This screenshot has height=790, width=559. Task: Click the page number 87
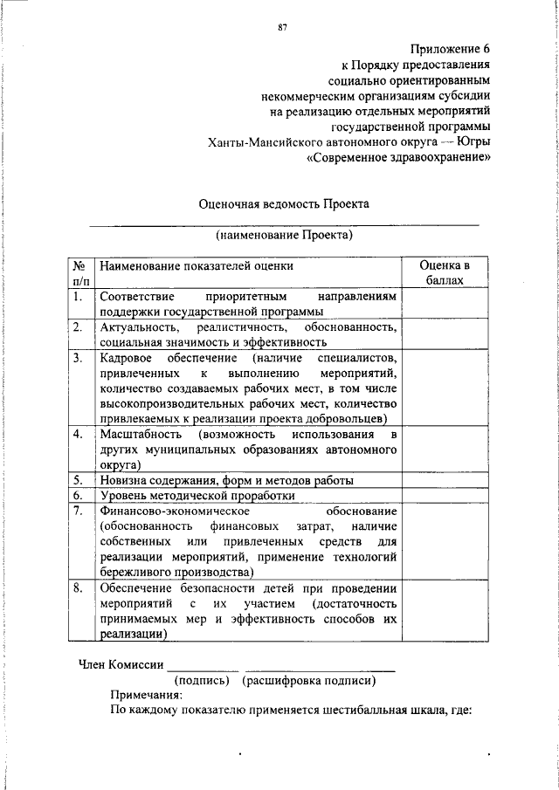[x=282, y=26]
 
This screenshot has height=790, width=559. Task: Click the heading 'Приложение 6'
[x=452, y=48]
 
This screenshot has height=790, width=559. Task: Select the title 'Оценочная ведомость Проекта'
[x=284, y=203]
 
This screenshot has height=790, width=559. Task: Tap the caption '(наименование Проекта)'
[x=284, y=235]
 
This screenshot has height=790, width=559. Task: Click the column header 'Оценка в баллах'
[x=445, y=272]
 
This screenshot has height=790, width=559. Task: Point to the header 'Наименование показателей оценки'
[x=197, y=264]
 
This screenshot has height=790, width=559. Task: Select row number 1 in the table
[x=78, y=297]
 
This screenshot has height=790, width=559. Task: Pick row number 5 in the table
[x=78, y=479]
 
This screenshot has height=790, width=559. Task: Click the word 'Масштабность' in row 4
[x=141, y=434]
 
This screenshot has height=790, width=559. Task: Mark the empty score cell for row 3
[x=445, y=388]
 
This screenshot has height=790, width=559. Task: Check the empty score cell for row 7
[x=445, y=541]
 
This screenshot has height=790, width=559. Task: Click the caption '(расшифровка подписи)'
[x=310, y=680]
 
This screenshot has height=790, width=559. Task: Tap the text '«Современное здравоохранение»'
[x=398, y=158]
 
